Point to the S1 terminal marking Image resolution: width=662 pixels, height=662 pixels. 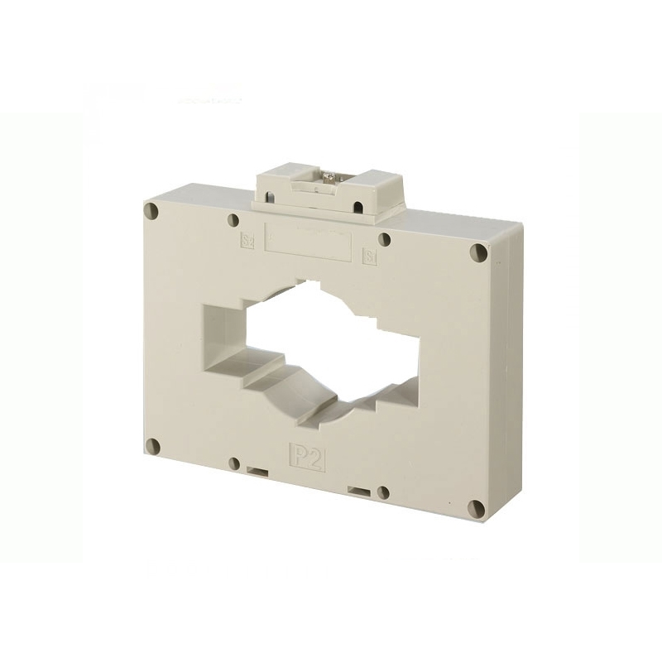[x=370, y=255]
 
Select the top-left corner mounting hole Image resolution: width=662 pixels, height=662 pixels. [x=151, y=211]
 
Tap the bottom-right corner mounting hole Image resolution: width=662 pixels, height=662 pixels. [x=477, y=508]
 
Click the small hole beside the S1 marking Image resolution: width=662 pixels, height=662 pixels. [x=385, y=240]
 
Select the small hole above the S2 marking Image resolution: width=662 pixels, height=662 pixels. [x=233, y=222]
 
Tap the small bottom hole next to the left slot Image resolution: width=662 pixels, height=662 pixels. [x=234, y=463]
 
